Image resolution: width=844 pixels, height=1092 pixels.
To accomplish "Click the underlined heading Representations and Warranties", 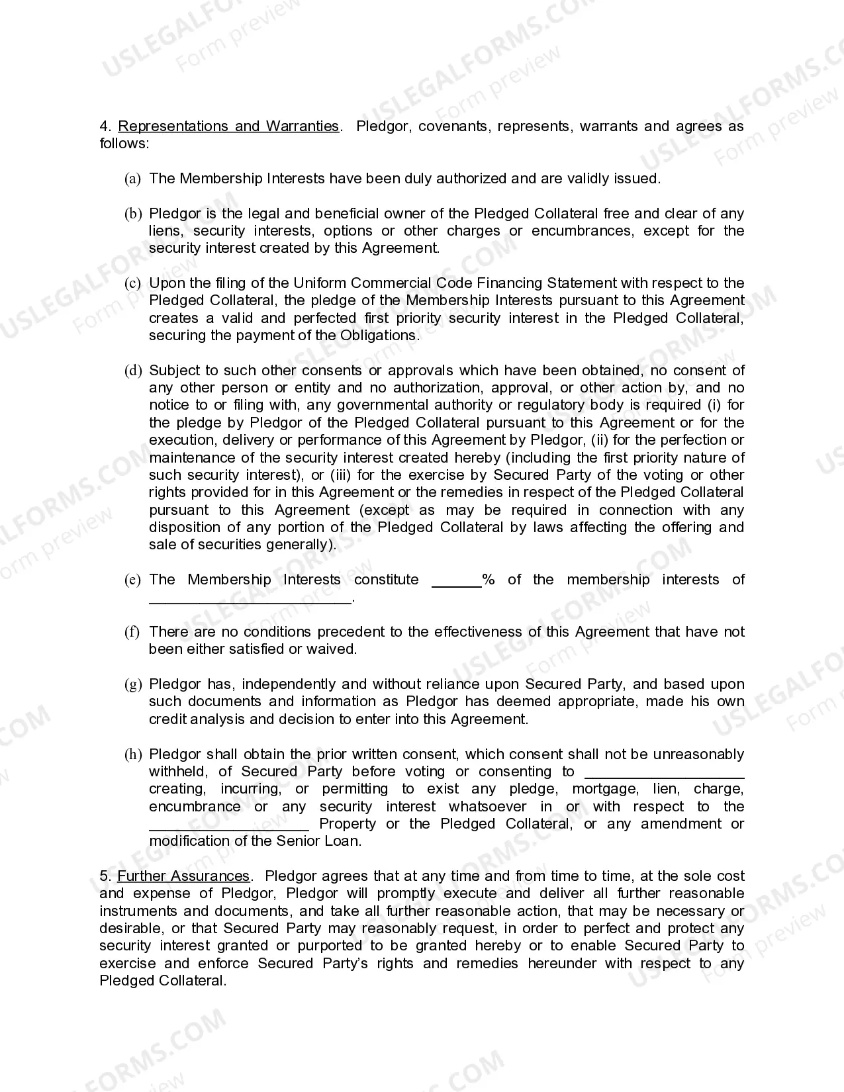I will pyautogui.click(x=228, y=126).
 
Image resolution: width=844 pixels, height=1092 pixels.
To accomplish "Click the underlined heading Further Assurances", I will pyautogui.click(x=183, y=876).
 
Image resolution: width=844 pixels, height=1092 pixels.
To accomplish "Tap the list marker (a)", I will pyautogui.click(x=132, y=179).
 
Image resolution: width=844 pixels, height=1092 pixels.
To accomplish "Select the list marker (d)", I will pyautogui.click(x=133, y=371).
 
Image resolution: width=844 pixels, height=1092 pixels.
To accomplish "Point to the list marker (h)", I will pyautogui.click(x=133, y=754).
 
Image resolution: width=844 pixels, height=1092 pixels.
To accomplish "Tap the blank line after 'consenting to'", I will pyautogui.click(x=665, y=775).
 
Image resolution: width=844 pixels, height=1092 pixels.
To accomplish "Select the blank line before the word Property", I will pyautogui.click(x=228, y=827).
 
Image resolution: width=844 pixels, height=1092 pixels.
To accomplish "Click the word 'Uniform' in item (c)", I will pyautogui.click(x=320, y=283).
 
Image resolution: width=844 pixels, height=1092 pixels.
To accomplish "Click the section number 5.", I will pyautogui.click(x=105, y=876).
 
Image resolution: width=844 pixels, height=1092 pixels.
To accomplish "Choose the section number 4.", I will pyautogui.click(x=105, y=126).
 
